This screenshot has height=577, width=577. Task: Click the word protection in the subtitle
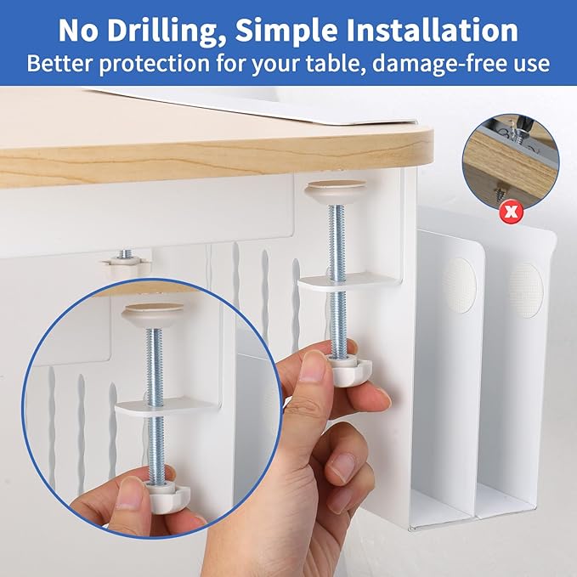(154, 64)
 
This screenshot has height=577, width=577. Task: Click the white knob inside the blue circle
(167, 496)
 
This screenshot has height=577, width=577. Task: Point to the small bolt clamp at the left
(127, 262)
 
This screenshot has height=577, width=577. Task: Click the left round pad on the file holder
(459, 286)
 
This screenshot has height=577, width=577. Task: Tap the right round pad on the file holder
(526, 291)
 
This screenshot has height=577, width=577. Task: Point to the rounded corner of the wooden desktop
(423, 141)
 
